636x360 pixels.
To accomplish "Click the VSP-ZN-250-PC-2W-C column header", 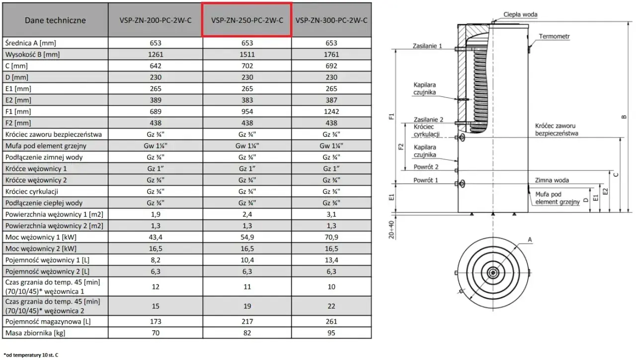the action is (247, 20).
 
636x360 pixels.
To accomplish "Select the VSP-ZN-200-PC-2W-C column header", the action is (156, 20).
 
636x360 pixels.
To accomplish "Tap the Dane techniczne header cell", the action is (55, 20).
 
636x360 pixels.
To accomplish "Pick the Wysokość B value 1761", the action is (331, 54).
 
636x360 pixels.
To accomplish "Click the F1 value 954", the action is (247, 112).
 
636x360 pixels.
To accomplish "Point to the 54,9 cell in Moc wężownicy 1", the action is (247, 237).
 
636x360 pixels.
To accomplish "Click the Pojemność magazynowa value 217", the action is (247, 321).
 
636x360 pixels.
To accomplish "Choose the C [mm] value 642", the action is (156, 66).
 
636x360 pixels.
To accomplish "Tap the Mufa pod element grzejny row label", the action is (46, 146).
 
